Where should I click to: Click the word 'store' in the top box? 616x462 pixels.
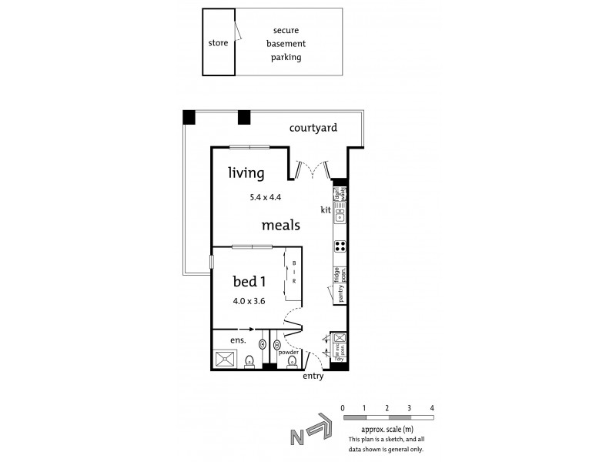coord(218,43)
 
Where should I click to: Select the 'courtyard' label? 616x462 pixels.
coord(313,129)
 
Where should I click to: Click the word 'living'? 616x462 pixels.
coord(246,172)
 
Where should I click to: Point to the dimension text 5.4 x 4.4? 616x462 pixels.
coord(266,197)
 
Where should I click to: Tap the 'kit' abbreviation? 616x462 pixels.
coord(326,209)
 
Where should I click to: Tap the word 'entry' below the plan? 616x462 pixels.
coord(313,376)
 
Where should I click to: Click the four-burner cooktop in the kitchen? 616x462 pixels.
coord(340,246)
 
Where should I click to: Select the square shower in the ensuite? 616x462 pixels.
coord(226,359)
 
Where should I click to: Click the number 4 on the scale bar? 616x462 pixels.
coord(433,407)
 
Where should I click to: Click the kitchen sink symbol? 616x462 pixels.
coord(340,217)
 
